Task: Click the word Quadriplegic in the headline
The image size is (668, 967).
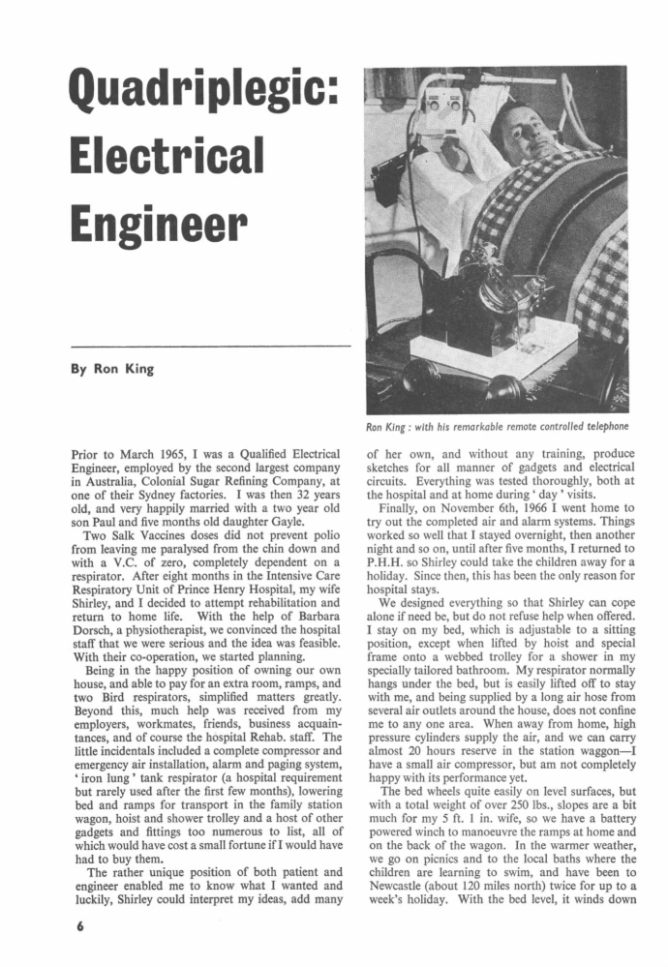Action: click(x=201, y=97)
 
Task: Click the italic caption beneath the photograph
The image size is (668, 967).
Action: click(x=497, y=426)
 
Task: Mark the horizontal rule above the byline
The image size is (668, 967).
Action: click(x=210, y=346)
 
